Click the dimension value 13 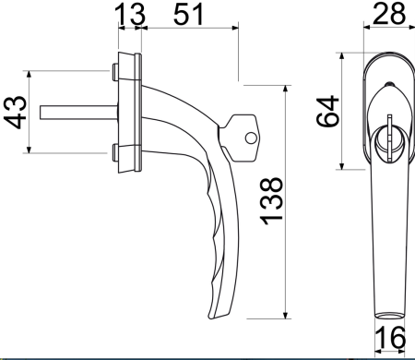tap(129, 14)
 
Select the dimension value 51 tap(188, 14)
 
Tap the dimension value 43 tap(15, 112)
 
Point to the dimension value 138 tap(271, 201)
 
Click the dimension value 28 tap(388, 14)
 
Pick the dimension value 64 tap(327, 111)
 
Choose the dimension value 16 tap(390, 337)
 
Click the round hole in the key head tap(251, 138)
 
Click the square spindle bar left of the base tap(78, 113)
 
